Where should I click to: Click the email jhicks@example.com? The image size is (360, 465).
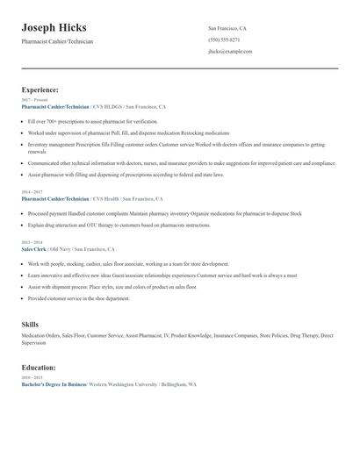[230, 52]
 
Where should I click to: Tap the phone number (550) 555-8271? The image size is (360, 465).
[224, 39]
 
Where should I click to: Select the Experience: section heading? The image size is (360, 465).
[40, 89]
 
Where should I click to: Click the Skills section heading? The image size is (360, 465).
[30, 325]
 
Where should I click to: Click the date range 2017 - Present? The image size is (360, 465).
[34, 100]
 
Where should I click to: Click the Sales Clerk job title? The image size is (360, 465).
[33, 249]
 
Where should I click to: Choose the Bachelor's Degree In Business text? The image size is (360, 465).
[53, 384]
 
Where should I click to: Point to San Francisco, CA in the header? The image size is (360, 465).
[227, 28]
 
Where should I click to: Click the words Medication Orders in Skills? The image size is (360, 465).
[41, 335]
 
